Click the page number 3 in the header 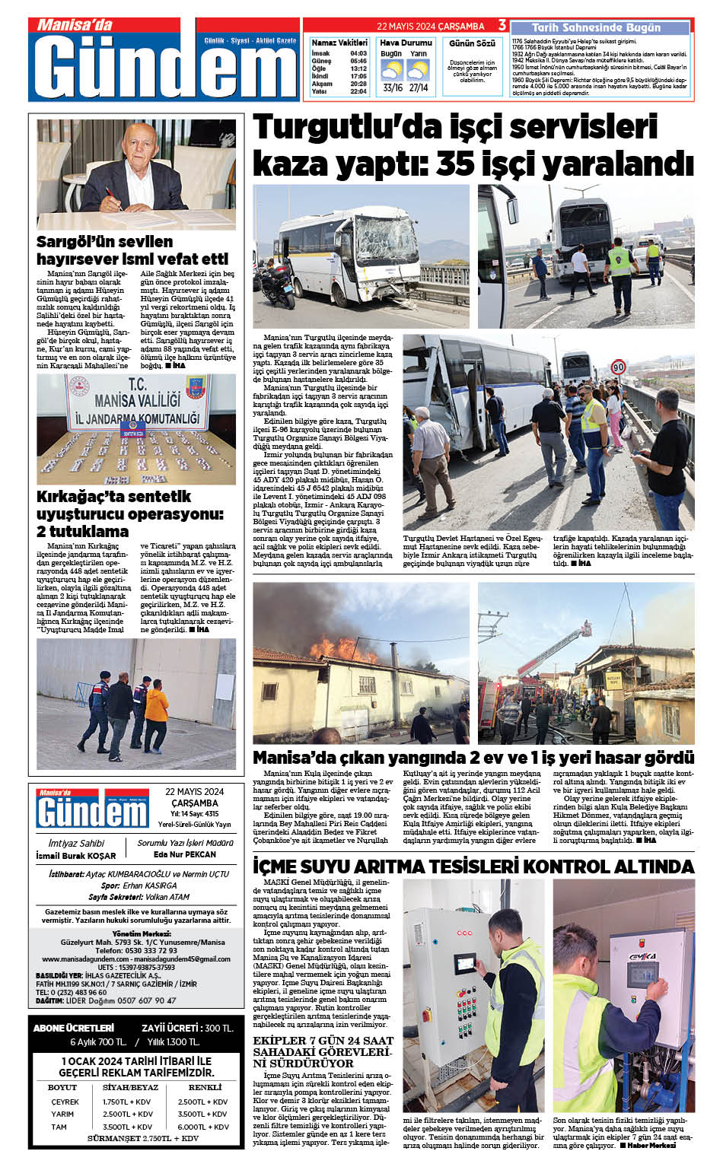click(502, 25)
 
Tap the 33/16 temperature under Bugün click(393, 88)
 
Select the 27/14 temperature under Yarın click(419, 88)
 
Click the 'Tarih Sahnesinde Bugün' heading click(596, 27)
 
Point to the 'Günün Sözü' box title click(472, 44)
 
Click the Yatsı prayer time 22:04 click(358, 91)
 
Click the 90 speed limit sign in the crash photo click(618, 367)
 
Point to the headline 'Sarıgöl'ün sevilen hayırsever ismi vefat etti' click(132, 250)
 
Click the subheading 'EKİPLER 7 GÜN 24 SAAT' click(323, 1040)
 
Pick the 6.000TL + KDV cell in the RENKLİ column click(203, 1127)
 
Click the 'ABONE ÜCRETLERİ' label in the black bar click(74, 1028)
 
